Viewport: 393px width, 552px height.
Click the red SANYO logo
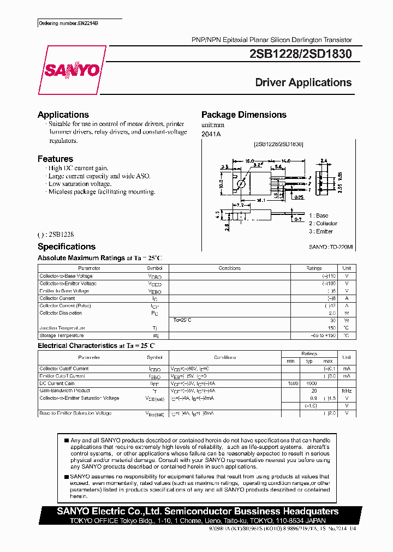coord(72,70)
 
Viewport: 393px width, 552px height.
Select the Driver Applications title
coord(303,82)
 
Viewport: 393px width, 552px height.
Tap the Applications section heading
coord(63,115)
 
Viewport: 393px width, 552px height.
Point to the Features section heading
coord(55,159)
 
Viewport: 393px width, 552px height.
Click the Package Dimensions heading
coord(243,115)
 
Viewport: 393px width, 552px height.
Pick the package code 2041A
coord(211,134)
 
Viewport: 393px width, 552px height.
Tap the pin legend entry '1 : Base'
coord(318,215)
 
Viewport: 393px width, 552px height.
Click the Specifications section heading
coord(67,247)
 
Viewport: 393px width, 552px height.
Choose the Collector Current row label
coord(57,298)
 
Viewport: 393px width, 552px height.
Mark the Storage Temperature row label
coord(62,335)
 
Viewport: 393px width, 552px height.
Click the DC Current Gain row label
coord(58,383)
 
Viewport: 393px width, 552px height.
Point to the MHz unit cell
coord(346,391)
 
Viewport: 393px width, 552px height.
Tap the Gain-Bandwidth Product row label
coord(64,391)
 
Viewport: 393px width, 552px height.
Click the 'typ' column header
coord(309,361)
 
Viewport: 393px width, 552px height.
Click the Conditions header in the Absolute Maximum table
coord(229,268)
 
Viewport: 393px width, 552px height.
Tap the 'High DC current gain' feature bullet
coord(78,168)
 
